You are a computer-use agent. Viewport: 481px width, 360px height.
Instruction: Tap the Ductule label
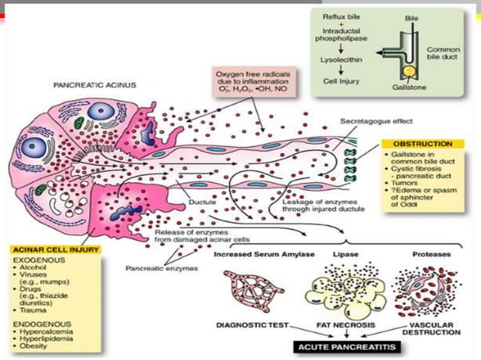[202, 202]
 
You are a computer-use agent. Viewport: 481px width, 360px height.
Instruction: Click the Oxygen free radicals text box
[256, 80]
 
